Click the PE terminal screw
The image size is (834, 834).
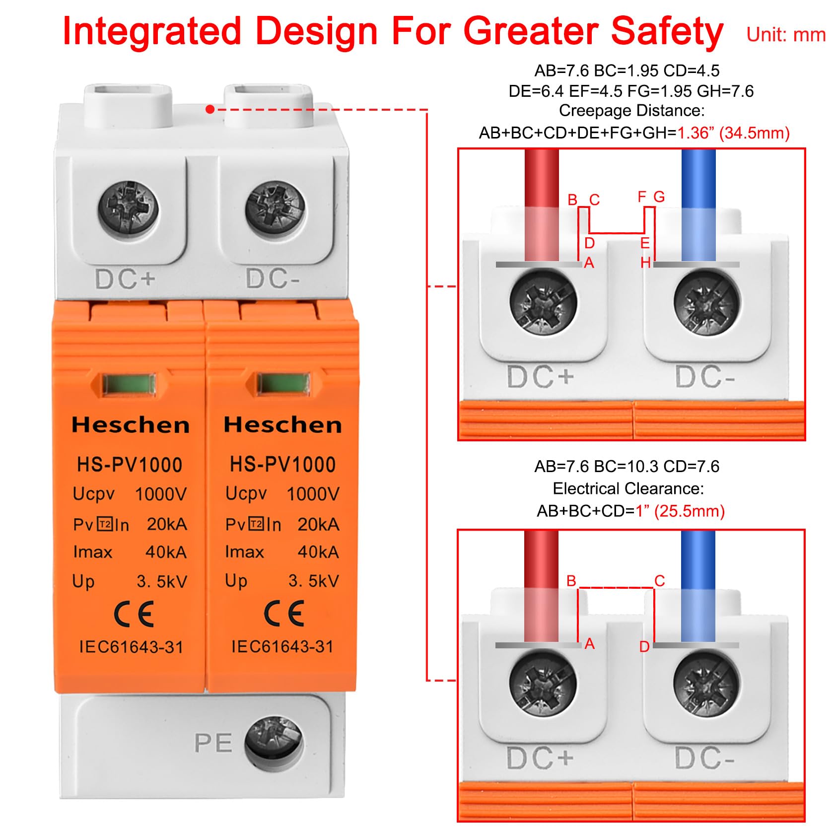click(274, 743)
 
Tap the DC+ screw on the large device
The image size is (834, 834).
click(128, 207)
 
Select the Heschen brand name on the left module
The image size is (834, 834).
click(131, 425)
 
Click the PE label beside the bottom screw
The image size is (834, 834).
click(213, 743)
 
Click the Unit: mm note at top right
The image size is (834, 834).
click(786, 35)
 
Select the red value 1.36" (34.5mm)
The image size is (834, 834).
click(733, 133)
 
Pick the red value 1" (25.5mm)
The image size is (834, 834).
click(680, 511)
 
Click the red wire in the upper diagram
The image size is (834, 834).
click(542, 205)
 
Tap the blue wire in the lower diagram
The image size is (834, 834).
click(698, 586)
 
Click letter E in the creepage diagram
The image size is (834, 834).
click(645, 243)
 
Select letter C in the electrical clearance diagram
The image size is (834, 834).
click(660, 580)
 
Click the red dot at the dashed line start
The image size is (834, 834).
click(210, 109)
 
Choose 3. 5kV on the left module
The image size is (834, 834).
click(162, 581)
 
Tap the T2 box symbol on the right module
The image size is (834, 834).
click(256, 524)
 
